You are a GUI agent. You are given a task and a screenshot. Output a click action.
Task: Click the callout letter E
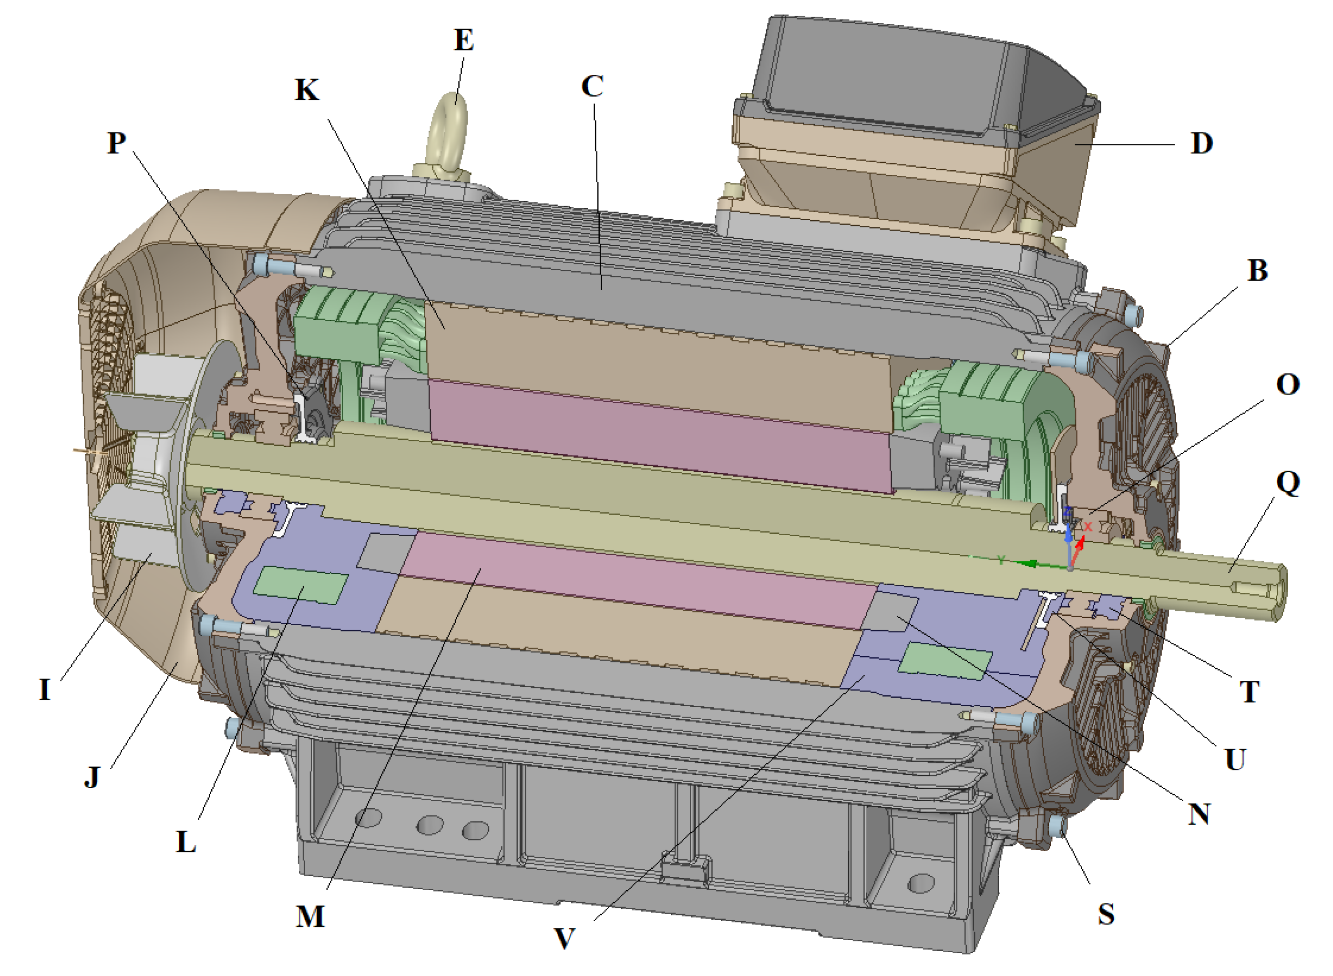tap(464, 40)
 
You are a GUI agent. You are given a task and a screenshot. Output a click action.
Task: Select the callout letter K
tap(307, 90)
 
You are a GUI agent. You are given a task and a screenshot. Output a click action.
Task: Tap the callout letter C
tap(592, 86)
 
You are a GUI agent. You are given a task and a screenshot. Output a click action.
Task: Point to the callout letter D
tap(1201, 143)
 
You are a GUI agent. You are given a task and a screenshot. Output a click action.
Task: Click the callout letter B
tap(1257, 270)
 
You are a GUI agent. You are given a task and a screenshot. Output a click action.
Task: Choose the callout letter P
tap(116, 142)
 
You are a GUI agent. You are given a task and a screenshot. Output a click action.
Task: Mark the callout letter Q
tap(1288, 483)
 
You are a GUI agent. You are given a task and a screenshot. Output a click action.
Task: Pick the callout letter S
tap(1106, 914)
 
